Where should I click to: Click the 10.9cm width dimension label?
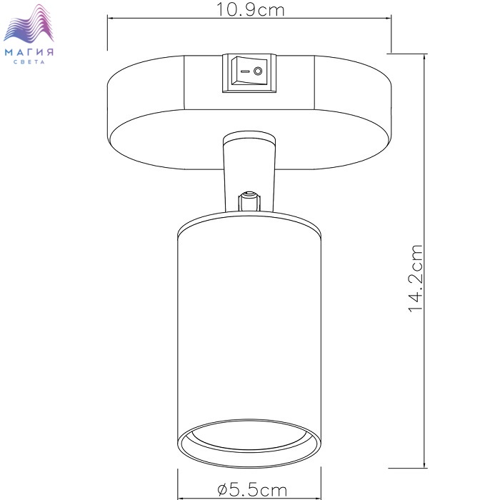250,9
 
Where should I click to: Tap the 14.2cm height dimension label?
416,279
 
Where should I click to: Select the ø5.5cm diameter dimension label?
252,489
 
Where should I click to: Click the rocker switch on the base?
249,73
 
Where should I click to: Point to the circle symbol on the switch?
258,71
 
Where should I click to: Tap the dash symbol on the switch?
244,71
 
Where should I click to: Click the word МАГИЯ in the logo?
29,52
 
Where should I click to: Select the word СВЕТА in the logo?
29,62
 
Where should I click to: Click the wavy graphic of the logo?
29,24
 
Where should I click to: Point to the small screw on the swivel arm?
249,201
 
